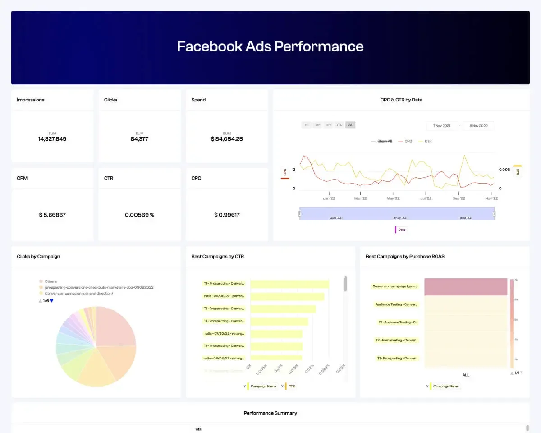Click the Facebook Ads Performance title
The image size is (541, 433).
coord(270,46)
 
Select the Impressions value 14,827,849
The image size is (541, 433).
coord(52,139)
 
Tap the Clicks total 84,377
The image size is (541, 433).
coord(139,139)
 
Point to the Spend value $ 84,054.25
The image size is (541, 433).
coord(227,139)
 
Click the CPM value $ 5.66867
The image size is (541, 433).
coord(52,215)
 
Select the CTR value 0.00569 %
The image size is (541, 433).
coord(139,215)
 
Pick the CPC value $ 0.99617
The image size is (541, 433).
coord(227,215)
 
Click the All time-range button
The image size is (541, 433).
coord(350,125)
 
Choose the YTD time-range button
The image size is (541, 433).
coord(339,125)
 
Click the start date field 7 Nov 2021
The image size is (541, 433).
coord(442,126)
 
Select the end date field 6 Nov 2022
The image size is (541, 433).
coord(479,126)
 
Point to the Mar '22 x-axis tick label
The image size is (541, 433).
coord(361,198)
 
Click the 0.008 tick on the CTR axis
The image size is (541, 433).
coord(504,170)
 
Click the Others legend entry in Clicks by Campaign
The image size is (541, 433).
coord(50,281)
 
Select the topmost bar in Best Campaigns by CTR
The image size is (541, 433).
coord(289,284)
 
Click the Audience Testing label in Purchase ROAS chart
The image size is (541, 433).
coord(396,304)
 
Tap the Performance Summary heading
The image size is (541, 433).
coord(270,413)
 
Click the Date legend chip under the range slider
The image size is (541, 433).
coord(401,230)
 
